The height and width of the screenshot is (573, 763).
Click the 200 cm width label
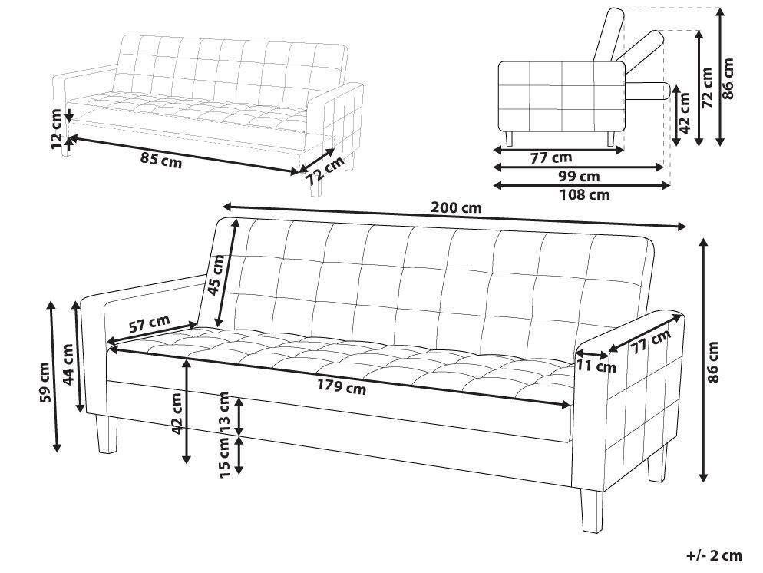(x=456, y=208)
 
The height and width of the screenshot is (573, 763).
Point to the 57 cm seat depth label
(x=150, y=323)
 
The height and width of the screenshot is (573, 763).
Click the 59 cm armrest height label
(x=45, y=383)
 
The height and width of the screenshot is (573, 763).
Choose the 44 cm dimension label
(x=68, y=364)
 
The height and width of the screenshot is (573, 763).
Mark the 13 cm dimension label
(x=224, y=411)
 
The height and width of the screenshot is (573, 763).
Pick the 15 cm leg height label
(x=224, y=457)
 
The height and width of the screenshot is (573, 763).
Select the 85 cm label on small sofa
(x=161, y=159)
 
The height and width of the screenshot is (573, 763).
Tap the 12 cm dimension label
(x=57, y=129)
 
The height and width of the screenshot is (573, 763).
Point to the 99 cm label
(x=579, y=176)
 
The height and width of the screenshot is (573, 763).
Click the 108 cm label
(x=584, y=195)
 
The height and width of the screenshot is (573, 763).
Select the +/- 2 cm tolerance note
(x=715, y=555)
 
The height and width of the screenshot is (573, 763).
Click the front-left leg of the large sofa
(x=106, y=435)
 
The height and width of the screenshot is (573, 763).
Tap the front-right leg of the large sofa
(x=591, y=512)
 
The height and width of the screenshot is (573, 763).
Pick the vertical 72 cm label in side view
(x=708, y=87)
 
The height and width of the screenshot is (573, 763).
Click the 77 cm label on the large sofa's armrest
(x=651, y=342)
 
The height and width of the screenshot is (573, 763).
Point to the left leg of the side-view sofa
(x=510, y=139)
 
